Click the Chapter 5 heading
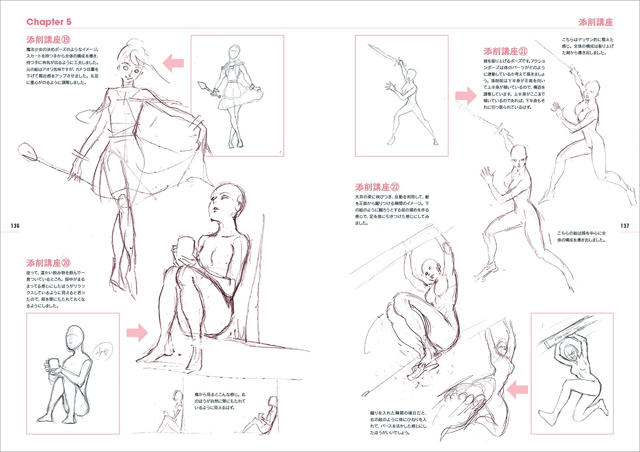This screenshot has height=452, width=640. (x=49, y=22)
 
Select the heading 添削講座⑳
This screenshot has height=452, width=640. (x=50, y=263)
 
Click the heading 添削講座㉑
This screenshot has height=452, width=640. (x=505, y=51)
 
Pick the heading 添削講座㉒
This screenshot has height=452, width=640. (x=377, y=187)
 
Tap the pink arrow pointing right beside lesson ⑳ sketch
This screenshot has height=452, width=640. (x=137, y=333)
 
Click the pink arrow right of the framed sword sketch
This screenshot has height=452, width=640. (x=466, y=96)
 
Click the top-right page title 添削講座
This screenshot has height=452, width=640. (x=595, y=22)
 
